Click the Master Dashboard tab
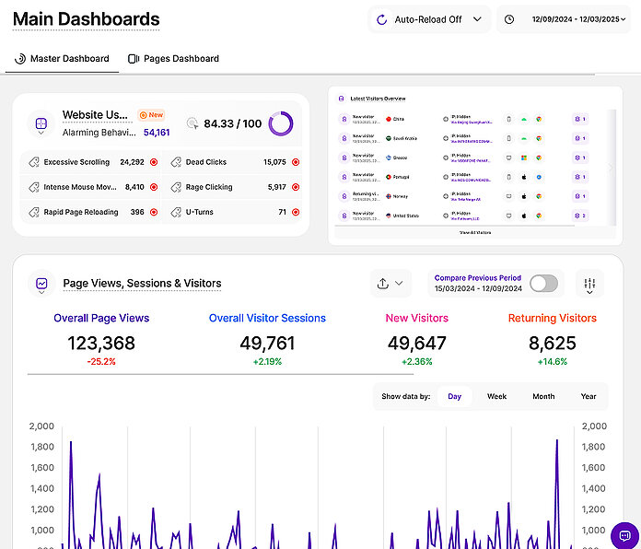[63, 59]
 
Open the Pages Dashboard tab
[174, 59]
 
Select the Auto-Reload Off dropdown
[429, 19]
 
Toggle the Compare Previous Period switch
[543, 283]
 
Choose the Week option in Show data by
[497, 396]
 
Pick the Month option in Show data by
[543, 396]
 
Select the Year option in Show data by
[589, 396]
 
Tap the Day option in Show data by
[454, 396]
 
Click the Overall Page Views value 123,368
[101, 344]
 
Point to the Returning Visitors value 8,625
[552, 344]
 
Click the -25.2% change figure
[101, 362]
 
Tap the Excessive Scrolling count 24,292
[132, 162]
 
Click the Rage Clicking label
[209, 187]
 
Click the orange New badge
[151, 115]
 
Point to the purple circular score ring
[281, 123]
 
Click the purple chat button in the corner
[624, 535]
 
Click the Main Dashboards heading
[86, 18]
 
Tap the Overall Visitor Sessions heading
[267, 319]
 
